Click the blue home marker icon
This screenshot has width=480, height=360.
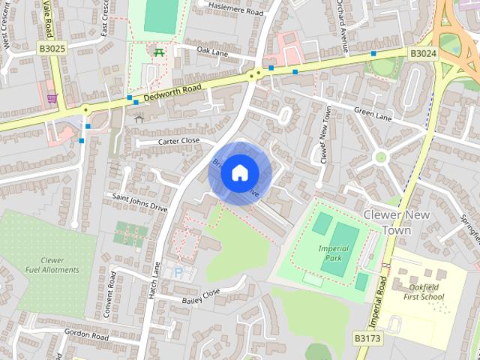click(x=238, y=172)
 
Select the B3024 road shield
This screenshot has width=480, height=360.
click(x=421, y=53)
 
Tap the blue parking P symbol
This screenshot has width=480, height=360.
click(x=178, y=272)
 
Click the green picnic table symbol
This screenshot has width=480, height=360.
click(x=159, y=52)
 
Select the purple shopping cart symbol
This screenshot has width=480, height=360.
click(x=51, y=97)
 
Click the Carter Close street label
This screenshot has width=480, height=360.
click(x=178, y=141)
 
